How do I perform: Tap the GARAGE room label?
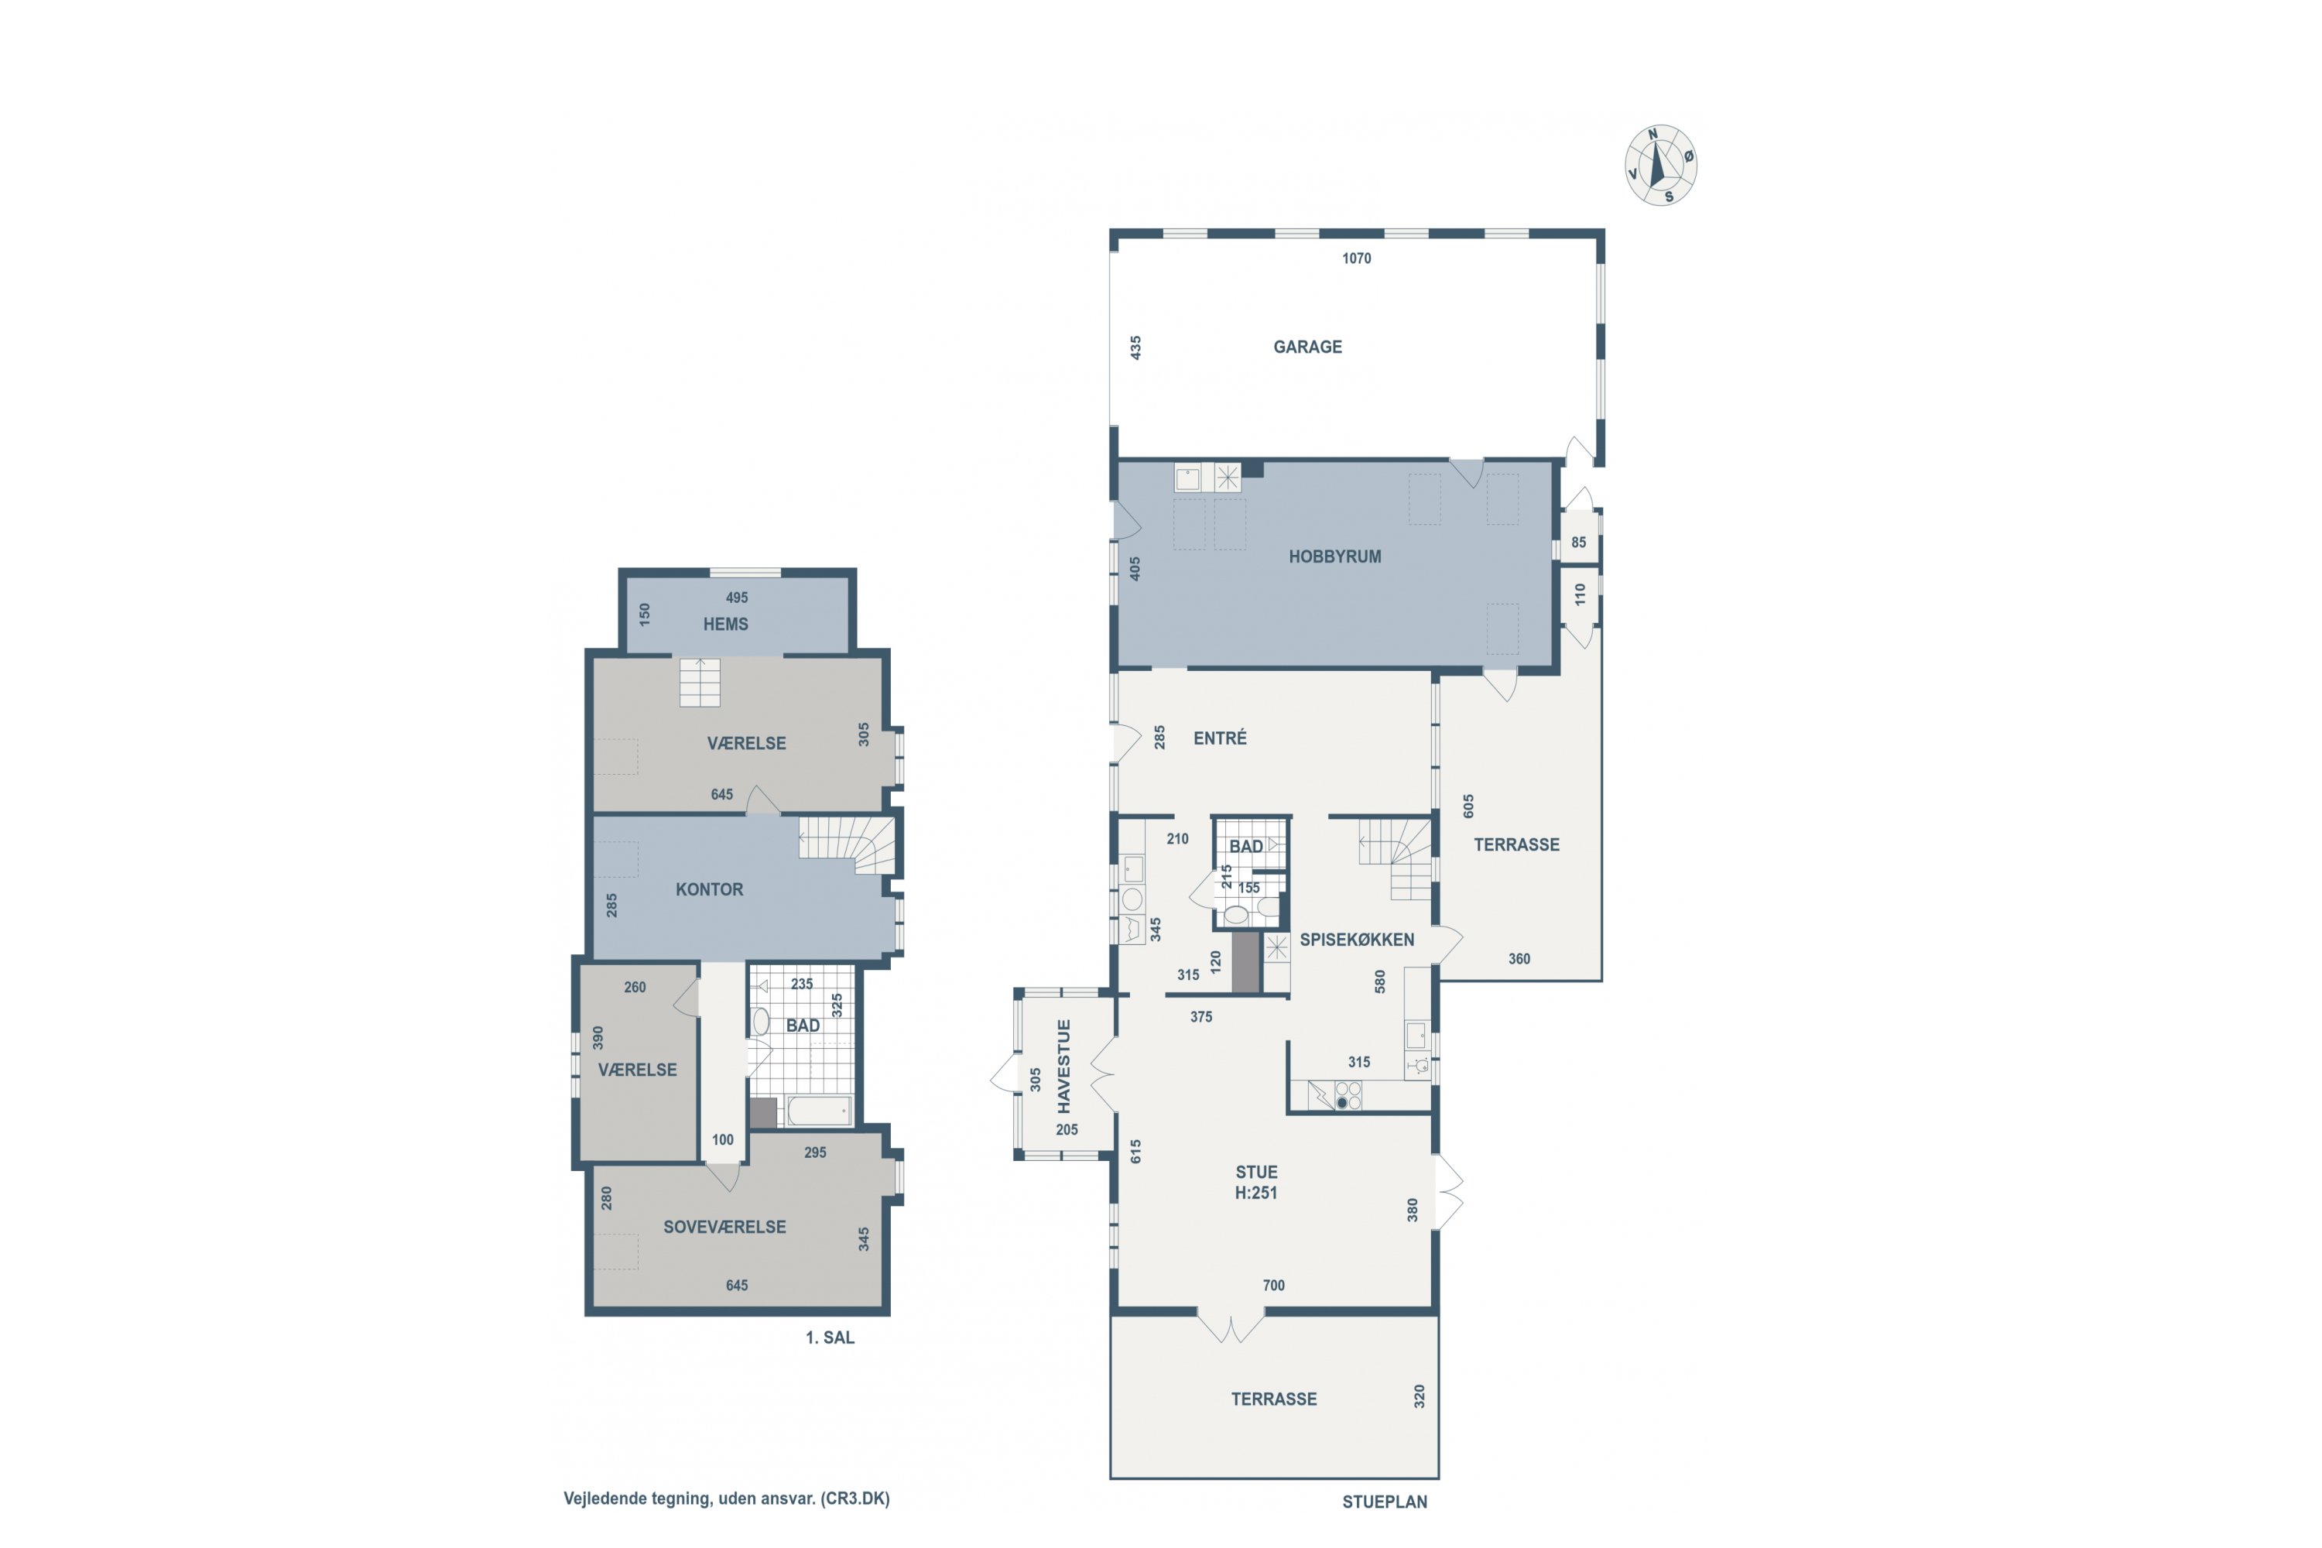pos(1307,347)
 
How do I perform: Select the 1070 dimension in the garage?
pos(1357,259)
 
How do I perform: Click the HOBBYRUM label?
pos(1334,557)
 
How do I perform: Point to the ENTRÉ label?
pos(1221,738)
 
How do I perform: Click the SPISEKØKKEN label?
pos(1357,939)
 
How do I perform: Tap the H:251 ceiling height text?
pos(1255,1193)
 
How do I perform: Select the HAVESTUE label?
pos(1064,1067)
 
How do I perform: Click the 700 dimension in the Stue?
pos(1273,1286)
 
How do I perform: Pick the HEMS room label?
pos(726,624)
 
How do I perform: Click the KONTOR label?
pos(709,889)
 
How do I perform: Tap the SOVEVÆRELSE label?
pos(724,1227)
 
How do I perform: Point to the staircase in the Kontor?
pos(847,845)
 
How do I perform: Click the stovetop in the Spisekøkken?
pos(1348,1096)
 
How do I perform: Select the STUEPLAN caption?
pos(1384,1502)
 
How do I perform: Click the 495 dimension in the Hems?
pos(737,598)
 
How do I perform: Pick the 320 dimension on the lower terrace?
pos(1420,1396)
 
